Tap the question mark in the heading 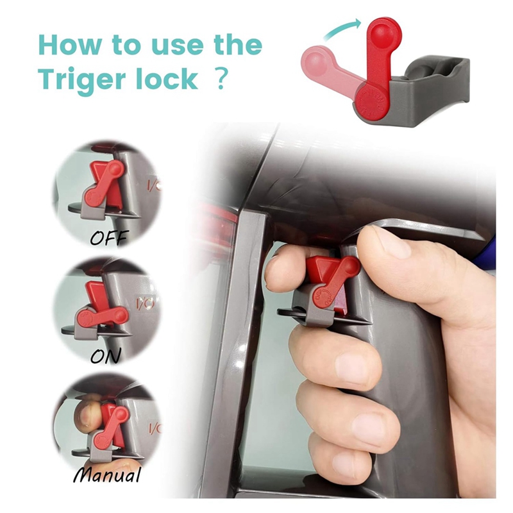click(221, 78)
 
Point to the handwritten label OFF click(109, 237)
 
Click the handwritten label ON click(105, 356)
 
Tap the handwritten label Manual click(107, 475)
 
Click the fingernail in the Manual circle click(87, 416)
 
